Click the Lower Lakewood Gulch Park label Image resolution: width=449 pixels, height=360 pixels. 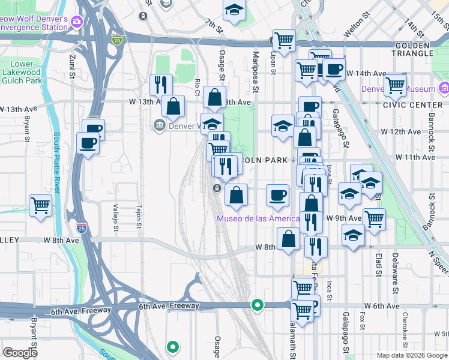click(x=25, y=71)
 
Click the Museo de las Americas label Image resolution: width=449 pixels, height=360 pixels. click(x=258, y=218)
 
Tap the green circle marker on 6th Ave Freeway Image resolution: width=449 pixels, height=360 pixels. click(x=258, y=305)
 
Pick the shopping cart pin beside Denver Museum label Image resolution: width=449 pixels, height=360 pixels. click(x=395, y=85)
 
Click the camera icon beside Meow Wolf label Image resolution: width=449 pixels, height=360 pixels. click(x=76, y=22)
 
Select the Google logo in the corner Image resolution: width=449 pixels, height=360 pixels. click(x=20, y=352)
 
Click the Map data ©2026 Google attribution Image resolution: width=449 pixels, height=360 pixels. click(x=411, y=355)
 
